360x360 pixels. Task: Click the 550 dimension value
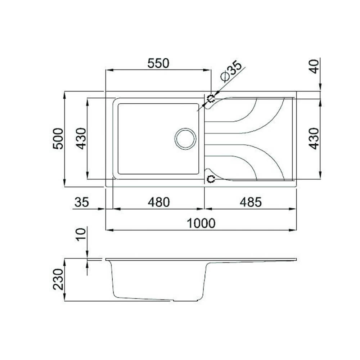(158, 63)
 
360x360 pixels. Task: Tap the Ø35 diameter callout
(230, 72)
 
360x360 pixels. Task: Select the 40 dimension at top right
(315, 66)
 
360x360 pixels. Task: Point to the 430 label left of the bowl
(81, 138)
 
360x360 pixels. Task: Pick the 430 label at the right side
(314, 138)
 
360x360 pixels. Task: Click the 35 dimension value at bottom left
(81, 202)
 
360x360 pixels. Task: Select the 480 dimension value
(158, 202)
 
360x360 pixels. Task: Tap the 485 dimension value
(251, 202)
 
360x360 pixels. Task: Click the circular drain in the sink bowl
(185, 138)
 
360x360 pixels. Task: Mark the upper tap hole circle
(211, 98)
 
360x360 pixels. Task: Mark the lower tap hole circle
(211, 179)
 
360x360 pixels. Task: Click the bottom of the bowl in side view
(144, 298)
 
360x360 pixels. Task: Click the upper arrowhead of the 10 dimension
(87, 256)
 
